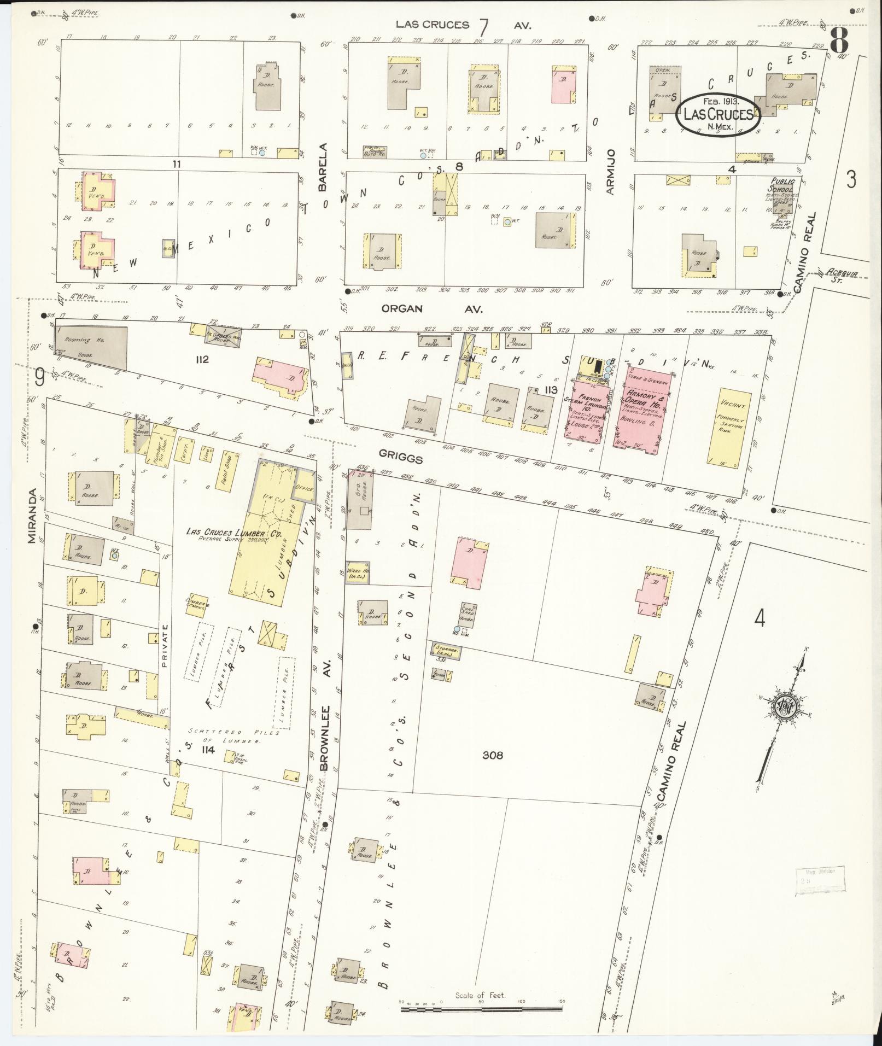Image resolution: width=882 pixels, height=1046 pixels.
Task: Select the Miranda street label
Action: click(x=32, y=516)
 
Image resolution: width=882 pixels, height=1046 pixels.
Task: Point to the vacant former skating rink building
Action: click(x=729, y=425)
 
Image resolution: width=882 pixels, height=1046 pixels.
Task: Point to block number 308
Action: click(x=493, y=756)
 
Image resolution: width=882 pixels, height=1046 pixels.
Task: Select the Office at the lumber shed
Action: click(x=303, y=487)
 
